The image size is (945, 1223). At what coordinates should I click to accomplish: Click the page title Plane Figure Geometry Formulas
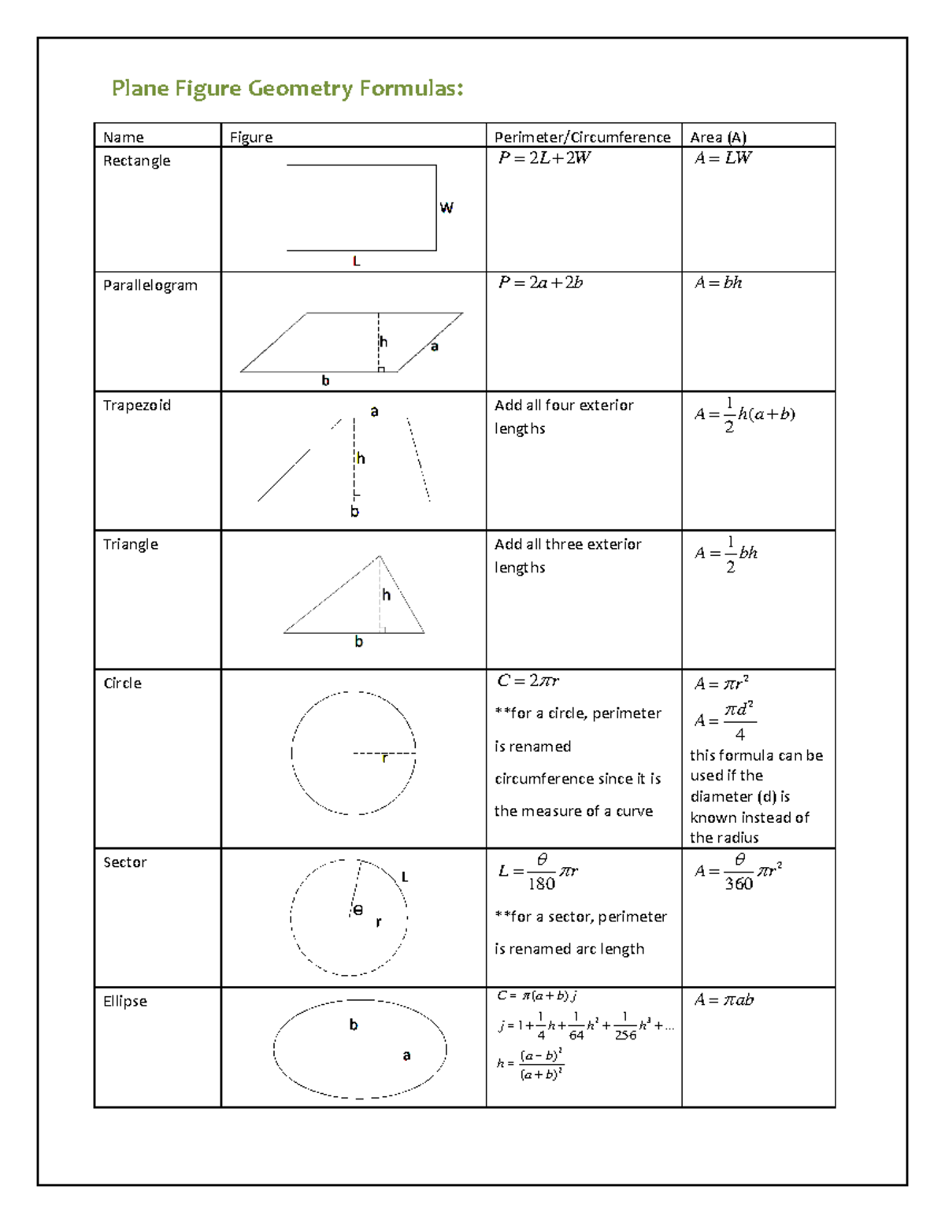point(287,88)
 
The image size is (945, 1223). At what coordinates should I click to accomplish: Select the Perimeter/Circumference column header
point(582,137)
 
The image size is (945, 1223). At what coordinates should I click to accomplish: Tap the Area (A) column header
point(718,137)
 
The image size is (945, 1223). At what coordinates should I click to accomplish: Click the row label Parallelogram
point(150,285)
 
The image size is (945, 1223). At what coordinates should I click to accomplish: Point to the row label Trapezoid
point(137,406)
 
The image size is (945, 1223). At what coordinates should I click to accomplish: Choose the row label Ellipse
point(125,1001)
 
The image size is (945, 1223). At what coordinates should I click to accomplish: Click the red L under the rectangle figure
point(357,261)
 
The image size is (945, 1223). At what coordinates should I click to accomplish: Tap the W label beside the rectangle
point(447,208)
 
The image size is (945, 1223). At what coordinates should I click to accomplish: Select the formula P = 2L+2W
point(544,158)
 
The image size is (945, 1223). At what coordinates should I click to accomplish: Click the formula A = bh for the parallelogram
point(718,283)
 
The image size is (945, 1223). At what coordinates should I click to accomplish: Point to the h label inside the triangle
point(386,595)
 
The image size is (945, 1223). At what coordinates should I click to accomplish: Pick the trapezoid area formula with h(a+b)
point(744,414)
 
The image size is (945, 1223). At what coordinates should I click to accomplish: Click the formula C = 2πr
point(528,680)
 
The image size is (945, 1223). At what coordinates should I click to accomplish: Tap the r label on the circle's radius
point(384,759)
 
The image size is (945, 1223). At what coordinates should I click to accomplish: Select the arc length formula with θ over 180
point(538,872)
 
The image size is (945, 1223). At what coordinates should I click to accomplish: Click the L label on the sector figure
point(405,877)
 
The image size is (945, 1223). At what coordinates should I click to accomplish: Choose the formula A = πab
point(724,1000)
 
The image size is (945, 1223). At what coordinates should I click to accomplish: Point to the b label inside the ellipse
point(354,1025)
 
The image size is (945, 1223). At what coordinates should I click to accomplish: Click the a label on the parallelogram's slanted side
point(434,347)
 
